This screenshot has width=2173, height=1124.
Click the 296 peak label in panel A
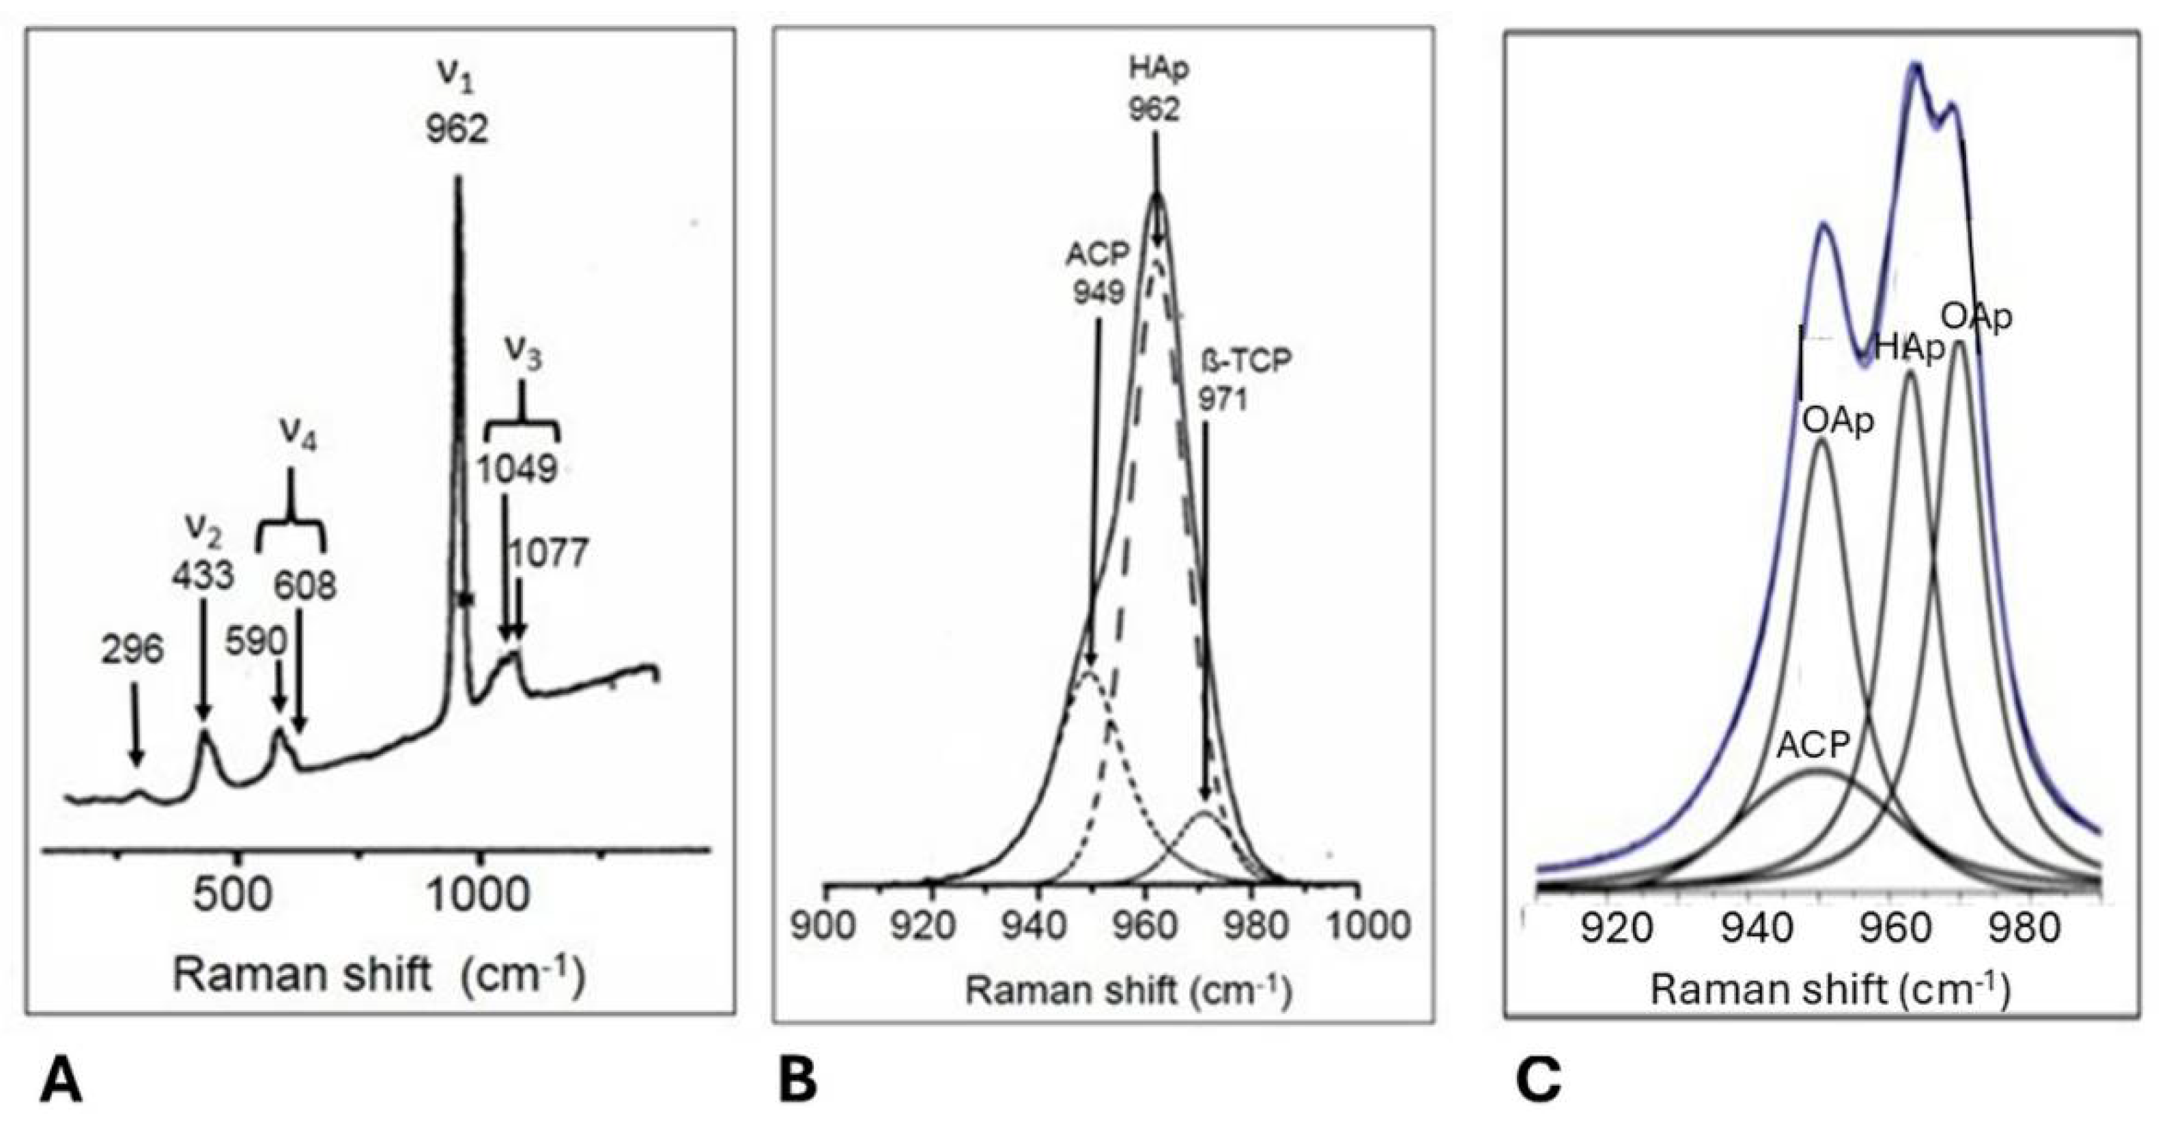click(132, 651)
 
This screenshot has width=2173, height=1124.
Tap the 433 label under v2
click(203, 576)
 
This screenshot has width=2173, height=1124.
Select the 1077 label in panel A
click(548, 554)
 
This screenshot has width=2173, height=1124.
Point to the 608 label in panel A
click(305, 585)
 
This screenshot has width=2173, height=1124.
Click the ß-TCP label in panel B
click(1247, 361)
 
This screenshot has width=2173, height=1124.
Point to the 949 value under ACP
click(1098, 292)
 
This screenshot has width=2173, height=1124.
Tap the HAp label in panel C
click(1909, 348)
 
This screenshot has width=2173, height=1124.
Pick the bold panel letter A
click(61, 1082)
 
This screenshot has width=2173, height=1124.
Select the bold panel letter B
click(798, 1082)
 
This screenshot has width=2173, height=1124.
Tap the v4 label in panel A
click(298, 437)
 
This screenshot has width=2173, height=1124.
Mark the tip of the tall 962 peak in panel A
click(458, 178)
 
